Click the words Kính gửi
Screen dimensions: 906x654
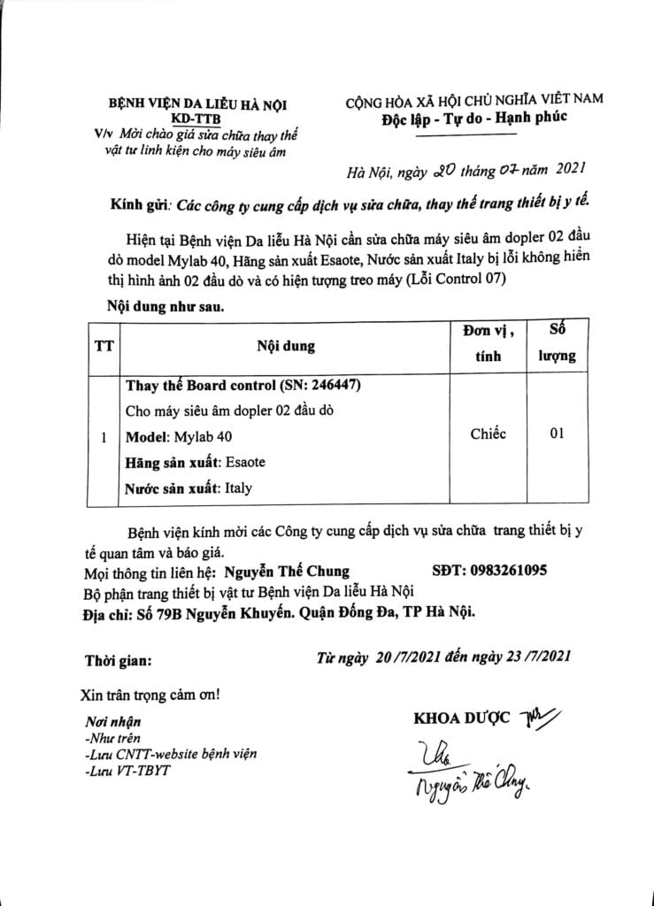coord(140,202)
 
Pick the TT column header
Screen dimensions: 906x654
coord(104,346)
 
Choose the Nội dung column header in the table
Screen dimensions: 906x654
coord(285,346)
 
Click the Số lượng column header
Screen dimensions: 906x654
coord(558,344)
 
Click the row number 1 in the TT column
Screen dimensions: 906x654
coord(104,436)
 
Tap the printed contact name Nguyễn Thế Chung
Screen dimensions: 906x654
coord(286,572)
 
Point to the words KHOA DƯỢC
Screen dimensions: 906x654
coord(461,718)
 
